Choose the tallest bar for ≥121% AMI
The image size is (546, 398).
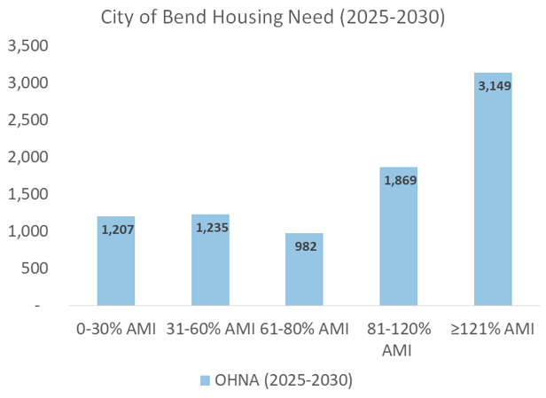[x=493, y=195]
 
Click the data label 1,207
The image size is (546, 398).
[x=115, y=230]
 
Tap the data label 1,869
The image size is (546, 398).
[x=399, y=181]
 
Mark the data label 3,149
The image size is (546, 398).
[x=493, y=86]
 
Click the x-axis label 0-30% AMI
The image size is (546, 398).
[x=115, y=330]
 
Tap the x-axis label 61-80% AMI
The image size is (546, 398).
[x=304, y=330]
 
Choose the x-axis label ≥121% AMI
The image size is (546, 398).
[x=493, y=330]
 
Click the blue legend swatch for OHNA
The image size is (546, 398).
[x=204, y=380]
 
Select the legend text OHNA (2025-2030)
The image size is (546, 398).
[x=283, y=380]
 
